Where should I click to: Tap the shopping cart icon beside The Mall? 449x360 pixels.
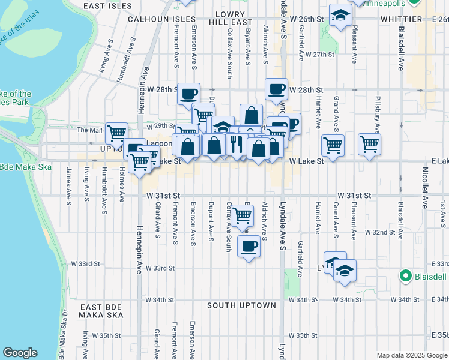[x=116, y=133]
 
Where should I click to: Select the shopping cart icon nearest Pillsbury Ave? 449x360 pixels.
[x=369, y=143]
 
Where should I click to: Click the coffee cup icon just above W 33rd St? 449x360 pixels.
[x=249, y=245]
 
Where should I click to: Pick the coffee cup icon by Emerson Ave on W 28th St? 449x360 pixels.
[x=188, y=94]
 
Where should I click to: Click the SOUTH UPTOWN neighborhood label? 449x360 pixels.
[x=242, y=305]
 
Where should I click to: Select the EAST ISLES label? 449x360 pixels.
[x=107, y=6]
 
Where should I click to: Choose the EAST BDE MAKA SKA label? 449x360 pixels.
[x=101, y=311]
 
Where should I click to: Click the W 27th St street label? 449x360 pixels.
[x=319, y=55]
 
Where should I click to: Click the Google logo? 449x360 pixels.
[x=20, y=353]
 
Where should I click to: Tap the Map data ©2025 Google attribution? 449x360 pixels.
[x=411, y=355]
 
